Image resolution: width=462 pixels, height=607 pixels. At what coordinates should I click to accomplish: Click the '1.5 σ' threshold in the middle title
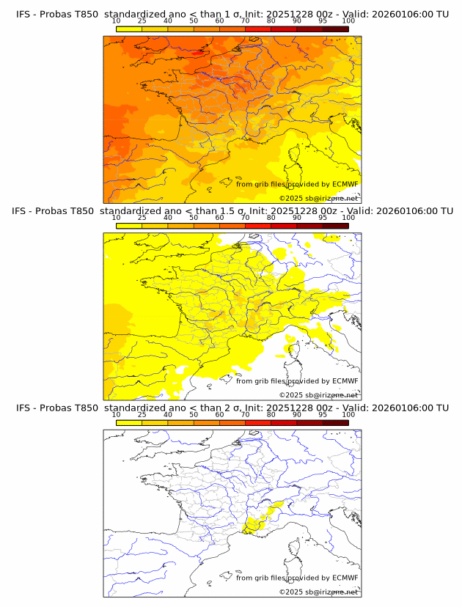pos(241,211)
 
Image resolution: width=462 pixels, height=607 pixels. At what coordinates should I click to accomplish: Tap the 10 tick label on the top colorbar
pos(116,21)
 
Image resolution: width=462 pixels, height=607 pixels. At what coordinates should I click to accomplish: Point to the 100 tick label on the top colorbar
pos(348,21)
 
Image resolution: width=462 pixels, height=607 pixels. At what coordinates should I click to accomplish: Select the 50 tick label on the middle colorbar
pos(194,218)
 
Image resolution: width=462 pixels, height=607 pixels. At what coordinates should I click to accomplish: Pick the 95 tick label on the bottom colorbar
pos(323,414)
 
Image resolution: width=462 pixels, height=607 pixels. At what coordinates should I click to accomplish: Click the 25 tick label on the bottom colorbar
pos(142,414)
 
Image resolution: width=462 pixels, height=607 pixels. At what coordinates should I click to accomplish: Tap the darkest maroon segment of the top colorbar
pos(335,29)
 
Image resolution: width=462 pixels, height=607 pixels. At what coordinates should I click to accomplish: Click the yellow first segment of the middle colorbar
pos(128,226)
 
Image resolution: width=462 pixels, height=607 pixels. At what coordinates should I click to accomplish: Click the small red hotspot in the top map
pos(196,53)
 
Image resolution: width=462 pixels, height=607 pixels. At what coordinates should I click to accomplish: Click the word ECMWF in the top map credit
pos(345,184)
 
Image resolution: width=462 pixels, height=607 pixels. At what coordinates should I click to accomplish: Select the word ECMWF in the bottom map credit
pos(345,578)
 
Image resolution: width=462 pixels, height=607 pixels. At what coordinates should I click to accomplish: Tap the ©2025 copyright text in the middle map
pos(290,395)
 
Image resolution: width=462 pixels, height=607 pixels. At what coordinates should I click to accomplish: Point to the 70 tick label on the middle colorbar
pos(245,218)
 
